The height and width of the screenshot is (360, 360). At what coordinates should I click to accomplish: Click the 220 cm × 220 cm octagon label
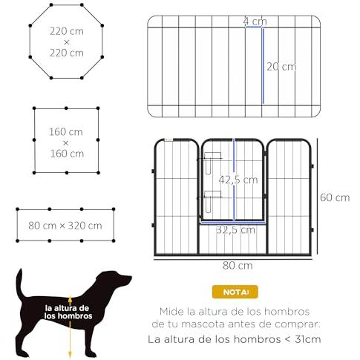[x=66, y=43]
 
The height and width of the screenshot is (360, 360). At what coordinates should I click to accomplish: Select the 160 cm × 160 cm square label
[x=66, y=143]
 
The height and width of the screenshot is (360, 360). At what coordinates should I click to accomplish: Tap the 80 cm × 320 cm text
[x=66, y=225]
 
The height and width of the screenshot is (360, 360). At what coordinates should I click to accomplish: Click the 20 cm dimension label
[x=281, y=66]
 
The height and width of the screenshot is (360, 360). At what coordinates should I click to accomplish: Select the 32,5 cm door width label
[x=232, y=230]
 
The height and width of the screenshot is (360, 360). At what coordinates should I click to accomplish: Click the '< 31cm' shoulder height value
[x=300, y=340]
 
